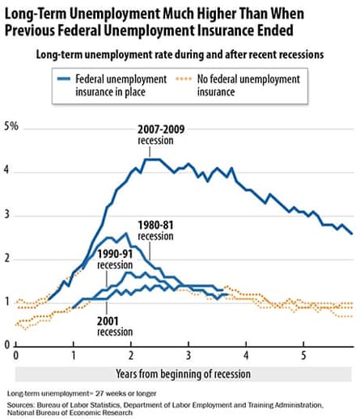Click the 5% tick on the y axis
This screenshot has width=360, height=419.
pyautogui.click(x=11, y=128)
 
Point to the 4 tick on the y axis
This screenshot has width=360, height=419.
pyautogui.click(x=7, y=171)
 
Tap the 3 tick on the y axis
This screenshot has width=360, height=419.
pyautogui.click(x=7, y=215)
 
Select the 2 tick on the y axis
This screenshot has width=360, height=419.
pyautogui.click(x=7, y=259)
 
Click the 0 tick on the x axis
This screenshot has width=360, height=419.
pyautogui.click(x=16, y=355)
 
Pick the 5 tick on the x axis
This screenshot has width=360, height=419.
pyautogui.click(x=303, y=355)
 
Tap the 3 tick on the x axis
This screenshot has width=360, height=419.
pyautogui.click(x=188, y=355)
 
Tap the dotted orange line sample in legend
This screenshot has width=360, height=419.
pyautogui.click(x=230, y=80)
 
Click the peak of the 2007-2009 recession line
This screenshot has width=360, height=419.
pyautogui.click(x=153, y=159)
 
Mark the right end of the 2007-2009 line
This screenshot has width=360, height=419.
pyautogui.click(x=351, y=233)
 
